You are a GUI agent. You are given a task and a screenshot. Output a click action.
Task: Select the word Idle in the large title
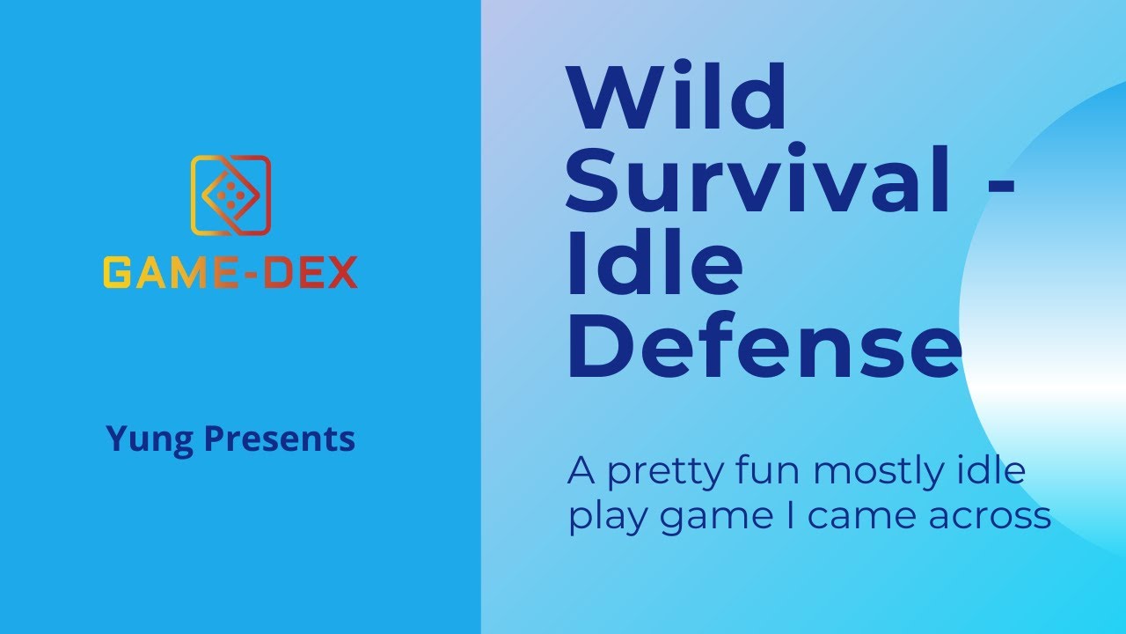[x=656, y=266]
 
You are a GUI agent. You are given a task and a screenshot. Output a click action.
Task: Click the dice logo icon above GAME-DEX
[x=230, y=195]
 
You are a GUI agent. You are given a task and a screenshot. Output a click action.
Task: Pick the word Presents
[x=279, y=438]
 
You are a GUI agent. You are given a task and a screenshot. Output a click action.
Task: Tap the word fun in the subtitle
[x=774, y=472]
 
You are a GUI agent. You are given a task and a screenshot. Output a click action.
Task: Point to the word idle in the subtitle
[x=995, y=471]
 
